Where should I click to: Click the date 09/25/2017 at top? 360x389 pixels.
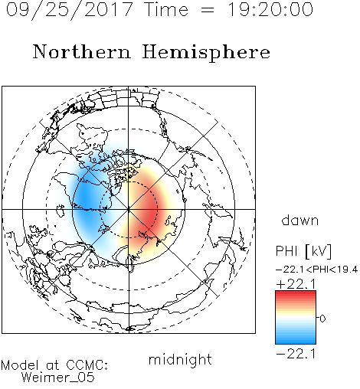(x=70, y=10)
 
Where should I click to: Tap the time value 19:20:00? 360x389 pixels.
(x=270, y=10)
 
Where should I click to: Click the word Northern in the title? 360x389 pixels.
(x=82, y=52)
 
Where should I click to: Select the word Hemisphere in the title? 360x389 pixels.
(x=206, y=53)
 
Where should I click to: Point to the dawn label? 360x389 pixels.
(x=300, y=220)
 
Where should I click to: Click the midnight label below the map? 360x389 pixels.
(x=180, y=360)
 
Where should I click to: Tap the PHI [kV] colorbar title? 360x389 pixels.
(x=303, y=251)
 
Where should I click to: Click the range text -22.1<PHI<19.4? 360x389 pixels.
(x=317, y=270)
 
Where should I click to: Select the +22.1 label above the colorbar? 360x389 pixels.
(x=296, y=284)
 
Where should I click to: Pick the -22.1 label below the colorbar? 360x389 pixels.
(x=296, y=354)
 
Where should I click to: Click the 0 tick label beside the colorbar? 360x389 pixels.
(x=322, y=319)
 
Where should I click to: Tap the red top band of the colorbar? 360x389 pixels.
(x=296, y=294)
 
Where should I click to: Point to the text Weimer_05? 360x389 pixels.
(x=58, y=378)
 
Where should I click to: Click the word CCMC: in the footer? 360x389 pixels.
(x=87, y=365)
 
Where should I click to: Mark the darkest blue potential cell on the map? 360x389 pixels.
(x=86, y=198)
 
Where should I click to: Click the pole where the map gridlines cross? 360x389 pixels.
(x=129, y=209)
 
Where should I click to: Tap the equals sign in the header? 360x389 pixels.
(x=208, y=10)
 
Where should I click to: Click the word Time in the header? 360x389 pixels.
(x=166, y=10)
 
